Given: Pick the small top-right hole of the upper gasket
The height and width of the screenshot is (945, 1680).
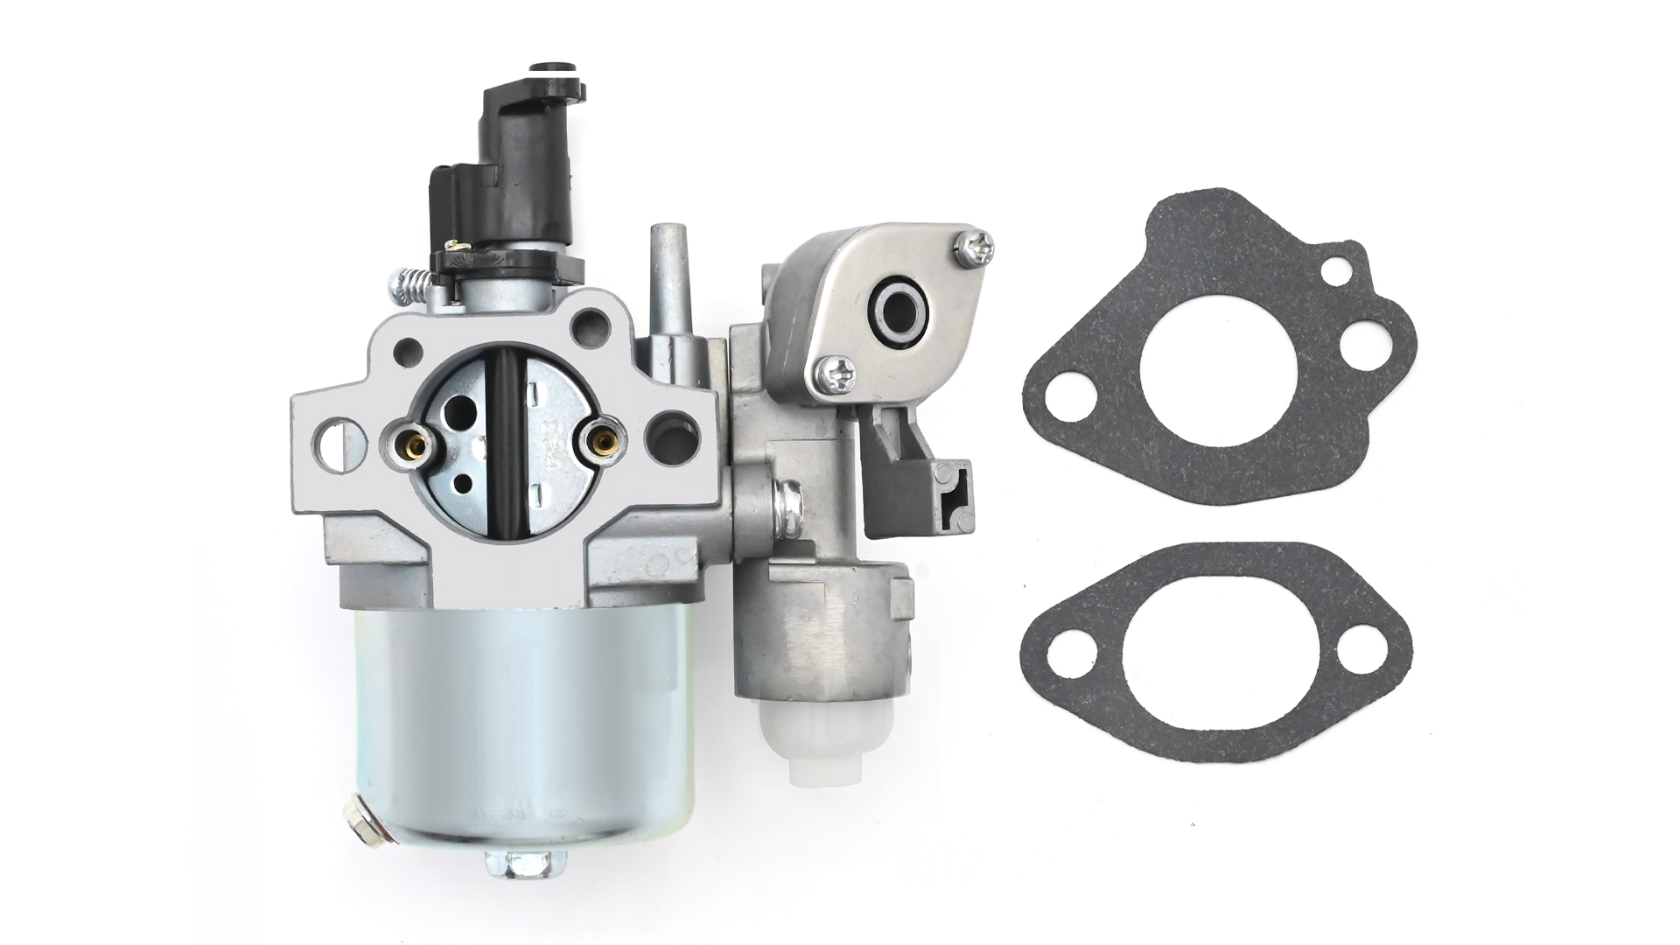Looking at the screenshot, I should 1335,271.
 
